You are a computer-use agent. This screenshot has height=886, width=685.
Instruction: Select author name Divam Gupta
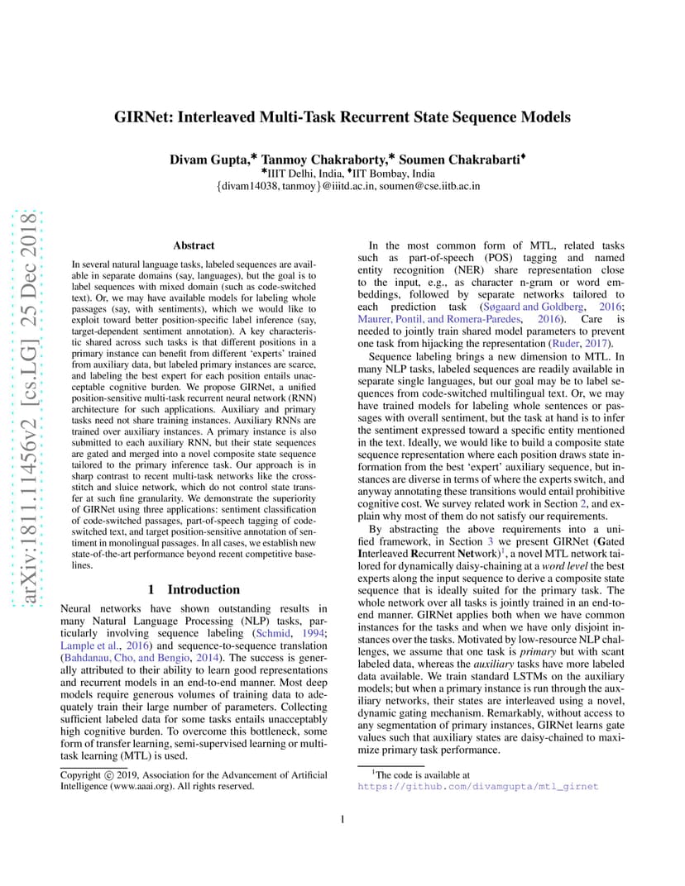pos(204,157)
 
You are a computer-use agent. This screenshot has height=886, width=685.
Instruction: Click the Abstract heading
pos(194,245)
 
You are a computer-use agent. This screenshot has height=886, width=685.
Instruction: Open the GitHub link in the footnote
pos(477,786)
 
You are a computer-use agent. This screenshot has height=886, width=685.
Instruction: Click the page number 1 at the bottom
pos(342,819)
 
